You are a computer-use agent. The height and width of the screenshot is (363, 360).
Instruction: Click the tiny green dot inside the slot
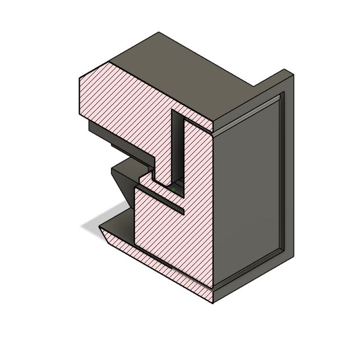(174, 190)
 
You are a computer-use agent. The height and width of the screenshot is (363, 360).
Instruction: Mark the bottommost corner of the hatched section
(213, 303)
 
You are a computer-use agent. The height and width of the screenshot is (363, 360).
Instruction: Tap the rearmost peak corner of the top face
(159, 33)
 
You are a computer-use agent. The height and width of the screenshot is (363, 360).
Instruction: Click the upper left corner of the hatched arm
(80, 77)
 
